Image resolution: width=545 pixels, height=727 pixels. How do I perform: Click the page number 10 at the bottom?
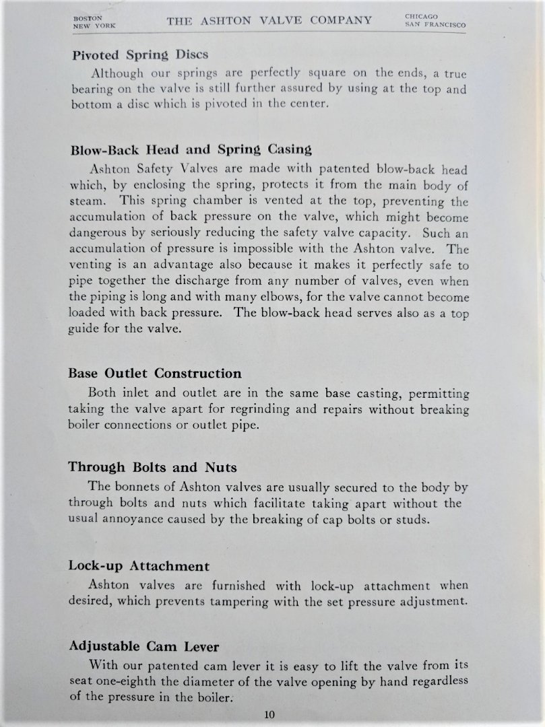click(x=269, y=715)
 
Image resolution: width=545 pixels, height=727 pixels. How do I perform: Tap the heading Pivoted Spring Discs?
click(x=140, y=55)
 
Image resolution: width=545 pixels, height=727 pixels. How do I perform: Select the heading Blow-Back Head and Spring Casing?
click(x=191, y=150)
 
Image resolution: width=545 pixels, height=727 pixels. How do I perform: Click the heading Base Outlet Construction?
click(x=155, y=373)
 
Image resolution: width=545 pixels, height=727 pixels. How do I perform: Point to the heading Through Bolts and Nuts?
click(x=152, y=467)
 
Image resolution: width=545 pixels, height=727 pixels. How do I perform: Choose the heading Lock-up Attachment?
click(x=139, y=565)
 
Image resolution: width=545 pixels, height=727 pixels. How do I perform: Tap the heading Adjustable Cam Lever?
click(x=144, y=647)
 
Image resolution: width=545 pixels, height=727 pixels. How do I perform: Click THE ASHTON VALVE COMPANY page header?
click(x=269, y=20)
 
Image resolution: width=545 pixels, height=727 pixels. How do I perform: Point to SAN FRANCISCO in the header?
click(x=435, y=26)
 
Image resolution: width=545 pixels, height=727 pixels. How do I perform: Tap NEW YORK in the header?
click(x=94, y=26)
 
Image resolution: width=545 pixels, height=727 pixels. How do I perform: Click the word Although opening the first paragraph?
click(x=117, y=74)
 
